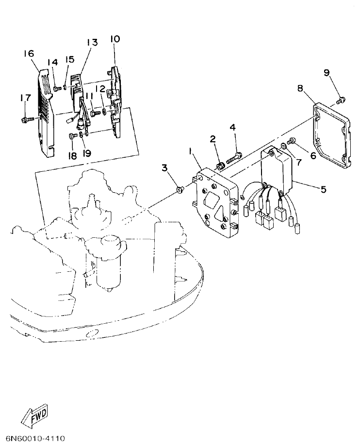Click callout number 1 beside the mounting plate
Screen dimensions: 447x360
191,151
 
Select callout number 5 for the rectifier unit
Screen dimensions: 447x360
323,188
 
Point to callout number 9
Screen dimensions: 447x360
327,73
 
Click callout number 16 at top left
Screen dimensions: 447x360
29,53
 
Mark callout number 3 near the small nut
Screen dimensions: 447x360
165,168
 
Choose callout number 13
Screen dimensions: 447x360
92,43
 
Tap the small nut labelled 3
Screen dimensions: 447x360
179,190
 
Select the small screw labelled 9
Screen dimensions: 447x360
341,100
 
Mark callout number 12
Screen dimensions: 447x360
100,88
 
